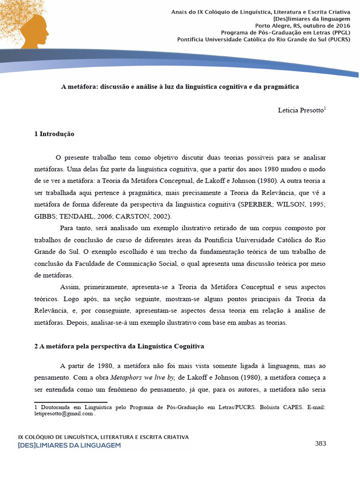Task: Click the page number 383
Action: click(320, 443)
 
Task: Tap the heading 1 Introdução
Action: click(54, 134)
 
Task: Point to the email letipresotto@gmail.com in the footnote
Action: click(64, 414)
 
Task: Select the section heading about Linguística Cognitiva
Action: click(119, 347)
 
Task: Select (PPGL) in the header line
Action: click(338, 33)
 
